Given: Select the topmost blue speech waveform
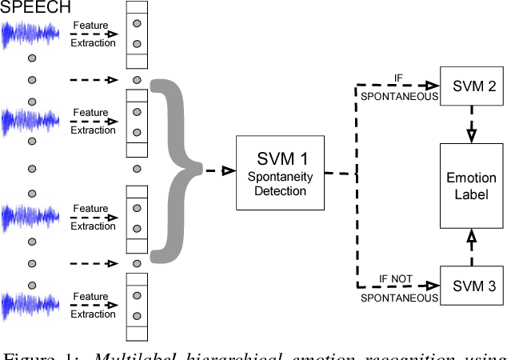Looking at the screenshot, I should coord(30,36).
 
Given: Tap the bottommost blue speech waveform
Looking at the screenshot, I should coord(30,308).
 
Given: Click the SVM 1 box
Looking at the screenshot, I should coord(276,173).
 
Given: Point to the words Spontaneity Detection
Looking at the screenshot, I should coord(276,185).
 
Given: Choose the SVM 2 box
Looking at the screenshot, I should coord(471,86).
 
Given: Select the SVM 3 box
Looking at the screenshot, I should coord(471,285).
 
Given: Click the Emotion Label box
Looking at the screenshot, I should coord(471,186).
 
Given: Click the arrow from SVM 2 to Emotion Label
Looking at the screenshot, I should coord(471,123).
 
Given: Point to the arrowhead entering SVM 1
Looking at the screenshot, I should coord(227,170).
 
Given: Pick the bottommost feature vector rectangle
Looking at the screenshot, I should coord(136,306).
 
